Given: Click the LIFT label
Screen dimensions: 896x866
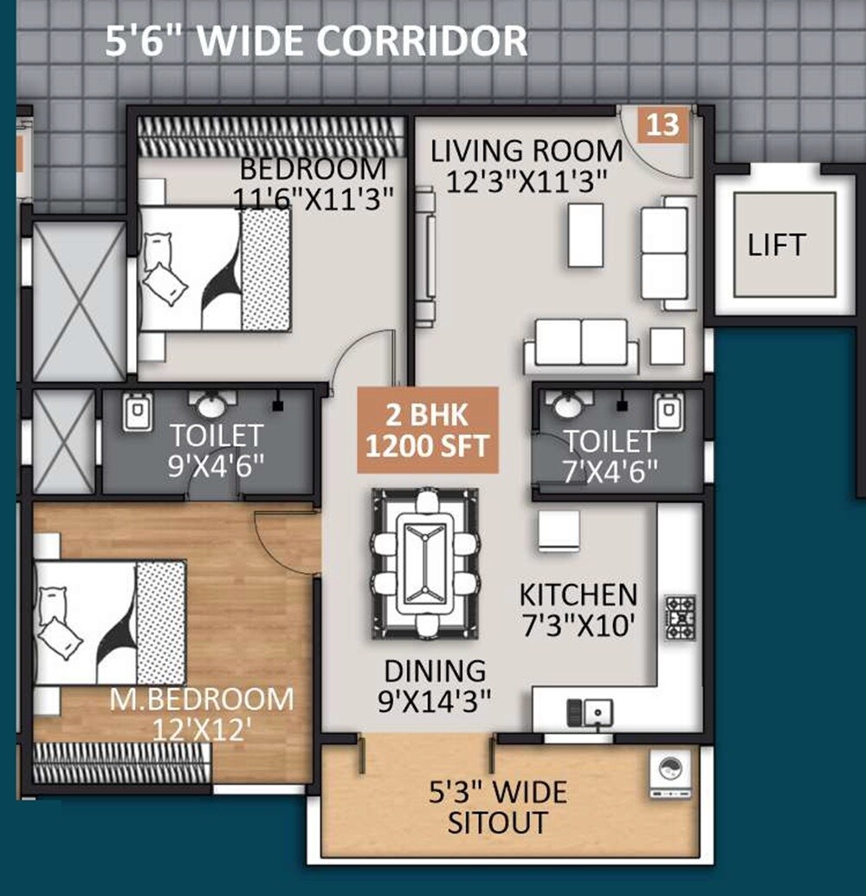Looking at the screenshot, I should coord(776,244).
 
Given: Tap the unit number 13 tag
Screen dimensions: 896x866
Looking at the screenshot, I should coord(663,125).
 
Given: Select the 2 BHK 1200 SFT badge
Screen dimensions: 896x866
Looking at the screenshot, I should coord(428,430).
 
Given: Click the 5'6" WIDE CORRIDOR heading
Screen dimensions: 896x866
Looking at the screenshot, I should coord(316,42).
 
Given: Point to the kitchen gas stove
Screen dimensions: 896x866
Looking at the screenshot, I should coord(680,617).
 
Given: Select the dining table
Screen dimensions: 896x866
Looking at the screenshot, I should coord(424,563).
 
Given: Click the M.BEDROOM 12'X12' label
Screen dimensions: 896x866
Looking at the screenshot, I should coord(201,712).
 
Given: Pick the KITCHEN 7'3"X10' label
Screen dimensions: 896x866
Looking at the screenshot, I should coord(578,609).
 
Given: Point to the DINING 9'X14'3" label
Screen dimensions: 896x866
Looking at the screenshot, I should coord(435,685).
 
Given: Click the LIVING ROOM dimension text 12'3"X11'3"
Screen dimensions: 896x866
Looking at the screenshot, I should coord(526,181).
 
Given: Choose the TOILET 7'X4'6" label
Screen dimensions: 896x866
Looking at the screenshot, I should coord(611,456).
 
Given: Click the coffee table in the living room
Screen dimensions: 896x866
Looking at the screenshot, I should coord(585,235).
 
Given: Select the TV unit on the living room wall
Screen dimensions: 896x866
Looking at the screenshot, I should coord(424,258).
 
